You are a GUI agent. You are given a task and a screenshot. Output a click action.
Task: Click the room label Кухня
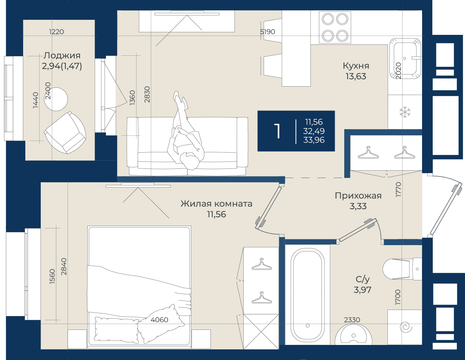tap(356, 66)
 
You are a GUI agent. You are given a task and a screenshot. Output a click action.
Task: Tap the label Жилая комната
tap(216, 204)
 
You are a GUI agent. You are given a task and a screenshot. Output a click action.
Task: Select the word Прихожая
tap(358, 196)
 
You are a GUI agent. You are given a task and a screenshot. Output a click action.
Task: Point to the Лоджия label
tap(62, 56)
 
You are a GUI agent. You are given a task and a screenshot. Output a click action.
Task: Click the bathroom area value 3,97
tap(362, 290)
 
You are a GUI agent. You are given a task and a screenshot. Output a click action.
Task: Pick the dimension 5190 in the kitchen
tap(267, 32)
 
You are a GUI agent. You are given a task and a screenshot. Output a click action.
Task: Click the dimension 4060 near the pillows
tap(159, 320)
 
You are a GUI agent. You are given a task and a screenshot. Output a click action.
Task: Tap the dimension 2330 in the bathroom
tap(352, 320)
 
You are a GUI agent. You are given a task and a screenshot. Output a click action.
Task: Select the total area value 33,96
tap(314, 140)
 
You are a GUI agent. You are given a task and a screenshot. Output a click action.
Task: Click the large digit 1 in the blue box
tap(277, 131)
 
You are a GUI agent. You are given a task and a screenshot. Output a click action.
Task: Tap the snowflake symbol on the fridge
tap(405, 112)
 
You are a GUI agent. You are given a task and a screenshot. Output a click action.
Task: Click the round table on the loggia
tap(56, 99)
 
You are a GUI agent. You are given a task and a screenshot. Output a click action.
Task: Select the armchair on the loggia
tap(65, 132)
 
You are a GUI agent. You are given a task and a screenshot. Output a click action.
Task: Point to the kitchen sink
tap(405, 58)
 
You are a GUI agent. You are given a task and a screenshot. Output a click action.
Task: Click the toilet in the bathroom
tap(402, 269)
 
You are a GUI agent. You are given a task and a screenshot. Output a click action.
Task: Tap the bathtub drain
tap(308, 326)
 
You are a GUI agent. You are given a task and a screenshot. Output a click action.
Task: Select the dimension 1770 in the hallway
tap(398, 189)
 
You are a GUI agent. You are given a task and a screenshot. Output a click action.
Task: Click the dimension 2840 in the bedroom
tap(64, 266)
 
